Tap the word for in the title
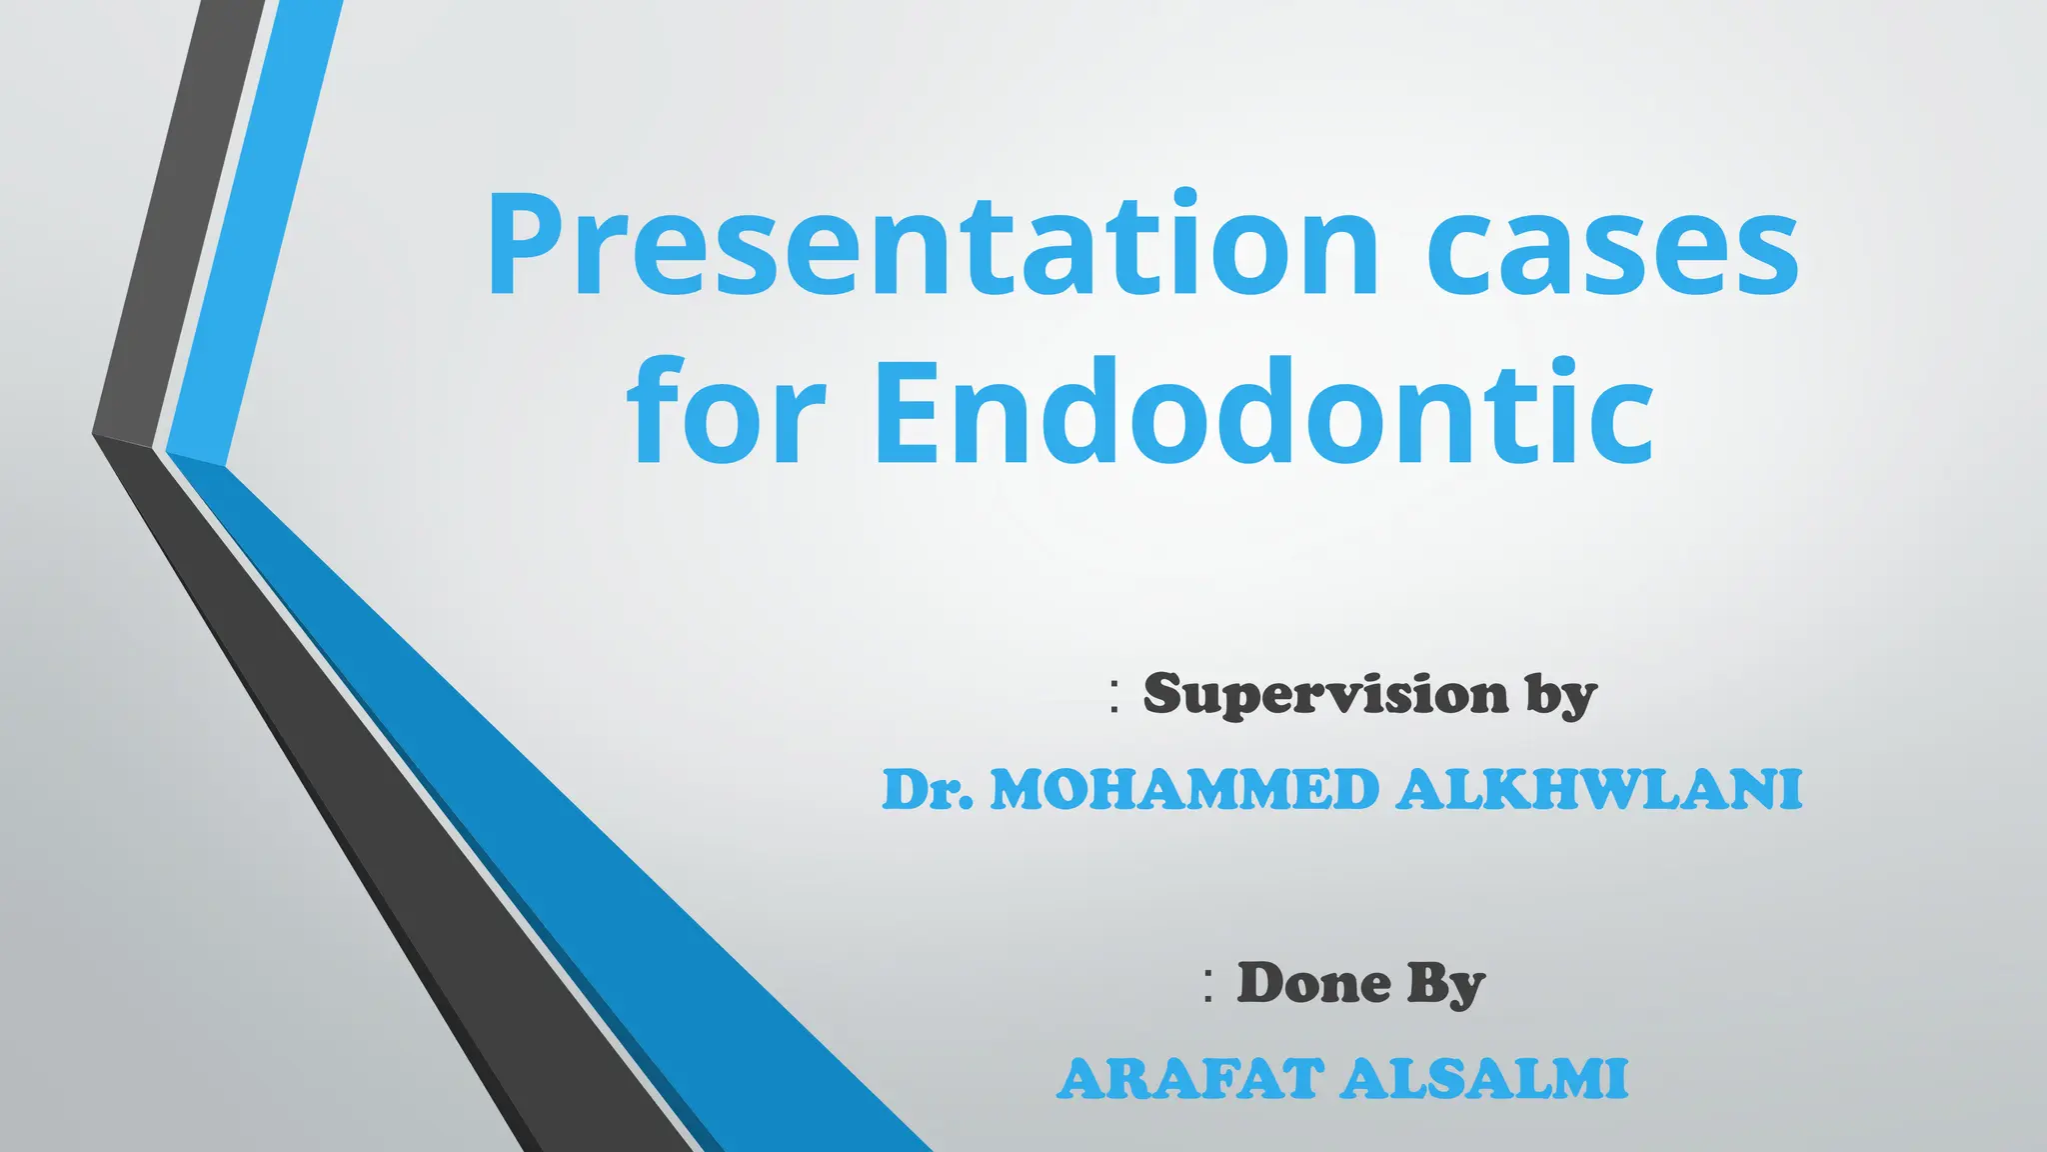[x=728, y=412]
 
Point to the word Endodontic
[x=1263, y=412]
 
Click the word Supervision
[x=1325, y=693]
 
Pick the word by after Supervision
[x=1560, y=695]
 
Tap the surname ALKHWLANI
[x=1599, y=790]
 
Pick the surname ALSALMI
[x=1485, y=1079]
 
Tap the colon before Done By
[x=1209, y=986]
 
